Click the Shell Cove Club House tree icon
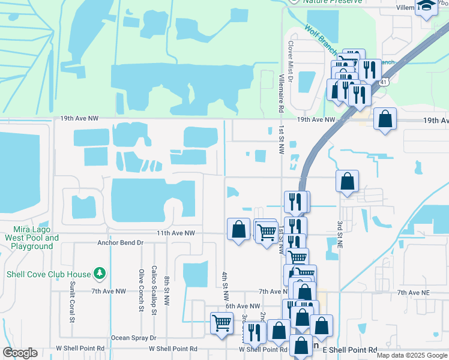tap(100, 274)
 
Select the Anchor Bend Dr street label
tap(121, 243)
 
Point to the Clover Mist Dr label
tap(290, 61)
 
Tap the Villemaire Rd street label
tap(280, 94)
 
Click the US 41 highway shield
tap(382, 81)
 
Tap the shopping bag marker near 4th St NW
tap(238, 229)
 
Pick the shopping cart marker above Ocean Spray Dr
tap(221, 323)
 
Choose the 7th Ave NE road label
tap(415, 292)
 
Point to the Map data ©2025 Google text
tap(411, 355)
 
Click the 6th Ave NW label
tap(243, 306)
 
